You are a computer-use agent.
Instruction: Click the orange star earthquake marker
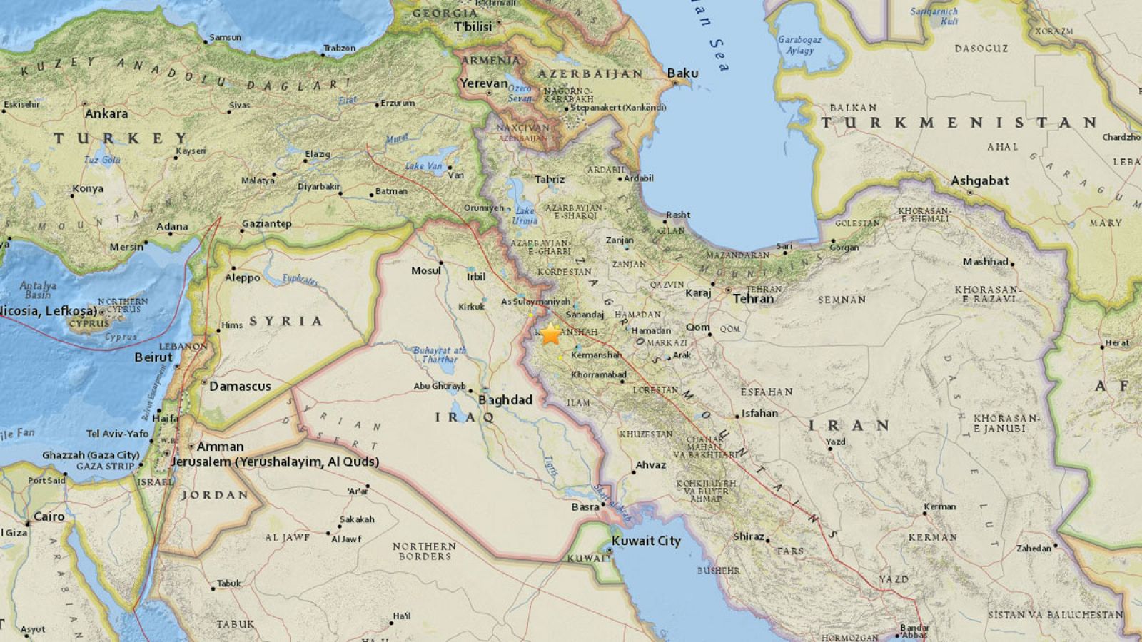click(x=550, y=334)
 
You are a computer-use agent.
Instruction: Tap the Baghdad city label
click(x=505, y=400)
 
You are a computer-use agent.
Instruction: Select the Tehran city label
click(x=753, y=299)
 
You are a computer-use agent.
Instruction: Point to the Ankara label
click(x=106, y=113)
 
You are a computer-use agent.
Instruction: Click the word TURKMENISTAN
click(x=959, y=123)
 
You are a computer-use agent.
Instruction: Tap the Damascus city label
click(x=241, y=386)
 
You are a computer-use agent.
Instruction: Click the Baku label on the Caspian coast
click(x=682, y=73)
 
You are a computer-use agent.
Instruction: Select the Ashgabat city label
click(x=979, y=180)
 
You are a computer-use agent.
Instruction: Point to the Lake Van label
click(x=424, y=166)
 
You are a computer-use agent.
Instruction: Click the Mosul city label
click(x=425, y=270)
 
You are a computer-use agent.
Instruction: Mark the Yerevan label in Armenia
click(x=483, y=83)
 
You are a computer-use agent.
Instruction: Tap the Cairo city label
click(x=49, y=516)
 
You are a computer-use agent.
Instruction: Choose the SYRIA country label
click(x=286, y=321)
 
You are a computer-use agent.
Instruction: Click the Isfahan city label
click(x=759, y=412)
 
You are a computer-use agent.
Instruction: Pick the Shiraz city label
click(x=749, y=536)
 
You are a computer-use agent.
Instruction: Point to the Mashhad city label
click(x=985, y=262)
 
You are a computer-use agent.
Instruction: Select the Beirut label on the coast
click(x=153, y=357)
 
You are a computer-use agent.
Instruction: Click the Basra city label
click(x=585, y=507)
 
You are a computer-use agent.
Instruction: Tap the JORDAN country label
click(x=214, y=495)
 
